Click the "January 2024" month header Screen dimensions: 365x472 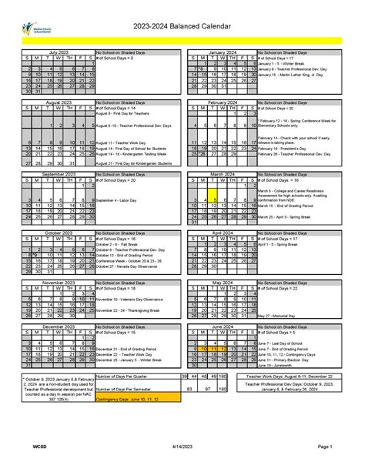(222, 52)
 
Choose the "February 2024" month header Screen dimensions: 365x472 (222, 101)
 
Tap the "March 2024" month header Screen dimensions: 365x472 (222, 175)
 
